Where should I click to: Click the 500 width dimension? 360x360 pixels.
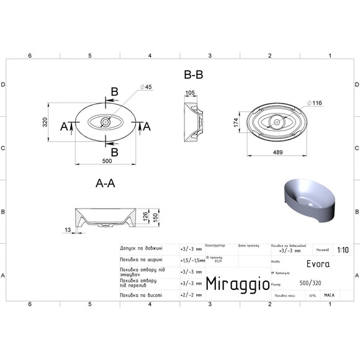[x=106, y=161]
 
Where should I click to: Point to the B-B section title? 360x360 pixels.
[x=194, y=74]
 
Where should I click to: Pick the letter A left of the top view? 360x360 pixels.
[x=64, y=126]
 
